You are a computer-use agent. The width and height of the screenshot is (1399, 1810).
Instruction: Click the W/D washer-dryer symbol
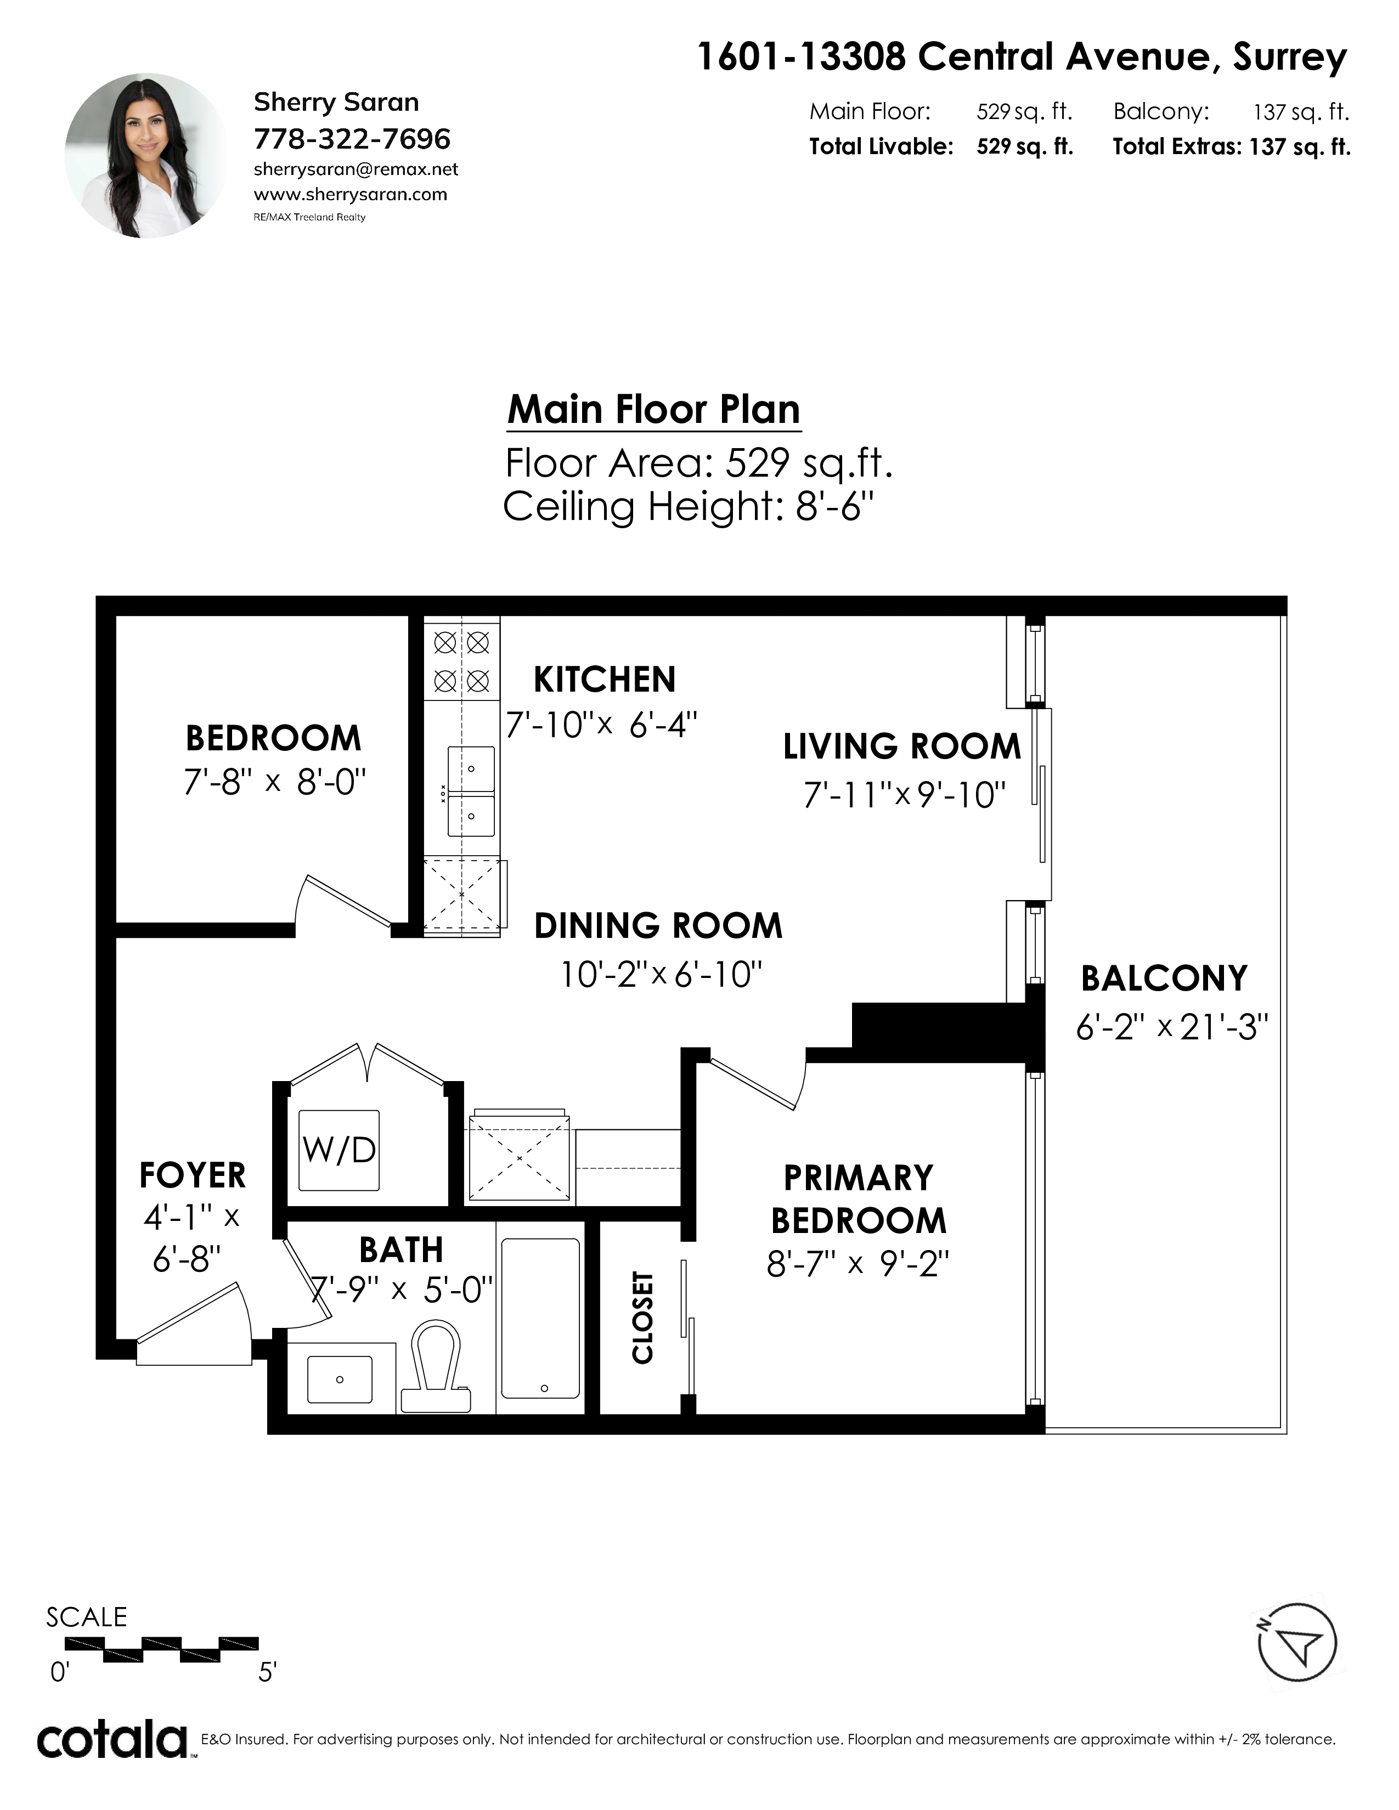point(339,1150)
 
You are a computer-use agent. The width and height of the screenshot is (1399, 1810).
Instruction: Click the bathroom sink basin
point(340,1379)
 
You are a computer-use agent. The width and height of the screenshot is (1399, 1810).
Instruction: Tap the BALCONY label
point(1164,978)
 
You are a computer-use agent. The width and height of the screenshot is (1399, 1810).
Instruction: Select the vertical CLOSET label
point(643,1317)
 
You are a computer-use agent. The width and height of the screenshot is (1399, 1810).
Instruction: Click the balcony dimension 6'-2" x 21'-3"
point(1172,1028)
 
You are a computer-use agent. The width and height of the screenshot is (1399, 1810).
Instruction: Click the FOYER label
point(192,1175)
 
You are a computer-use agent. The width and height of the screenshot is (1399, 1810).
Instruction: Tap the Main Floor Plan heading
point(654,409)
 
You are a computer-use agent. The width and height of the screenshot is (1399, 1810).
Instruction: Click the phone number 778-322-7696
point(352,138)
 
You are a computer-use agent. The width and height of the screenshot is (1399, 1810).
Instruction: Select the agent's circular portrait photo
point(146,155)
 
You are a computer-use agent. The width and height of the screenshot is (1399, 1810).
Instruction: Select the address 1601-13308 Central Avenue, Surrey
point(1022,57)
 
